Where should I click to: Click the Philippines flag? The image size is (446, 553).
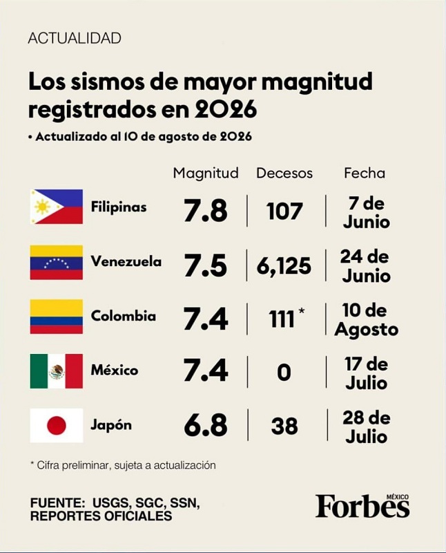click(57, 207)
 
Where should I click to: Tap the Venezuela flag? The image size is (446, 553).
click(57, 262)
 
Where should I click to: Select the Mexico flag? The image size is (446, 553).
click(57, 371)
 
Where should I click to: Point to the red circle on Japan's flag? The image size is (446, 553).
click(57, 425)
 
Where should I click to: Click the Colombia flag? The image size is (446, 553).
click(57, 317)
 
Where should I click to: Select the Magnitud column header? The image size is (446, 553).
click(206, 174)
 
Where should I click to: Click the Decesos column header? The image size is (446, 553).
click(284, 174)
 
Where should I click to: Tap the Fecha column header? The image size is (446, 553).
click(365, 174)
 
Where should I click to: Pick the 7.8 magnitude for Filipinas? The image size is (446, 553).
click(206, 211)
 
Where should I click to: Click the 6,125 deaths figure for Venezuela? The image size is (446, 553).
click(284, 266)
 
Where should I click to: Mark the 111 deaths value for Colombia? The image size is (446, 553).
click(282, 319)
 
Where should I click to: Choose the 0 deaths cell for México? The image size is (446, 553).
click(284, 373)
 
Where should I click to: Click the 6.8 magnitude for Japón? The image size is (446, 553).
click(206, 425)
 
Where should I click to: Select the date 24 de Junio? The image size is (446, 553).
click(365, 266)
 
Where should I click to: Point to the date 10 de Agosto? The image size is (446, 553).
click(367, 320)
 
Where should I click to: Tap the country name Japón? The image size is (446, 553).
click(111, 425)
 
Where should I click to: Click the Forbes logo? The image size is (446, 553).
click(362, 506)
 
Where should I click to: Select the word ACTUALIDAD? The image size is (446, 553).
click(75, 38)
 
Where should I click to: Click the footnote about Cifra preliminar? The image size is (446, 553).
click(123, 465)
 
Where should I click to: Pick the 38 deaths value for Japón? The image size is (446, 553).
click(284, 426)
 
